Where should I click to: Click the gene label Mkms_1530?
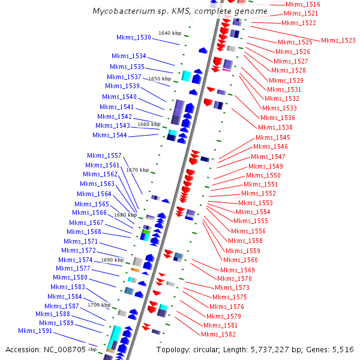(134, 37)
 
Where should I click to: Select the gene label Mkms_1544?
(110, 135)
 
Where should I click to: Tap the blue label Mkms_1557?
(104, 155)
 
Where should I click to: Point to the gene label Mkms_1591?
(35, 331)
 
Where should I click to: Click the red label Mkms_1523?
(338, 40)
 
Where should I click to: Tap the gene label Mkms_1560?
(241, 260)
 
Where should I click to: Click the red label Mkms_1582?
(219, 334)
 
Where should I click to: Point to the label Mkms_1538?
(275, 127)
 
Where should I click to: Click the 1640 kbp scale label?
(169, 33)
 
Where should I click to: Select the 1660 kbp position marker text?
(149, 124)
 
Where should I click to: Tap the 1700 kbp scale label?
(98, 305)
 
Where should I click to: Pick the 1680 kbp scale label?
(125, 215)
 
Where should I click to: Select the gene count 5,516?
(341, 349)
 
